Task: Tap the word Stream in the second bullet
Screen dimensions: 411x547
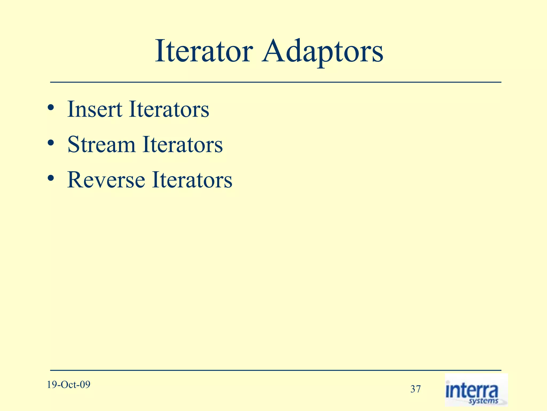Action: (101, 144)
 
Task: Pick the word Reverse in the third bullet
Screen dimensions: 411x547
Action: (106, 180)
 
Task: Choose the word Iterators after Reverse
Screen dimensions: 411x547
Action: (192, 180)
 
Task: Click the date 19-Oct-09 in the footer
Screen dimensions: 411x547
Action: (69, 385)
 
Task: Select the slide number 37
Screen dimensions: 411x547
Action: (415, 389)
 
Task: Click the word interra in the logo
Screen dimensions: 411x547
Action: (472, 391)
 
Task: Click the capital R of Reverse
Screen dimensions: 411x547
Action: (75, 180)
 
